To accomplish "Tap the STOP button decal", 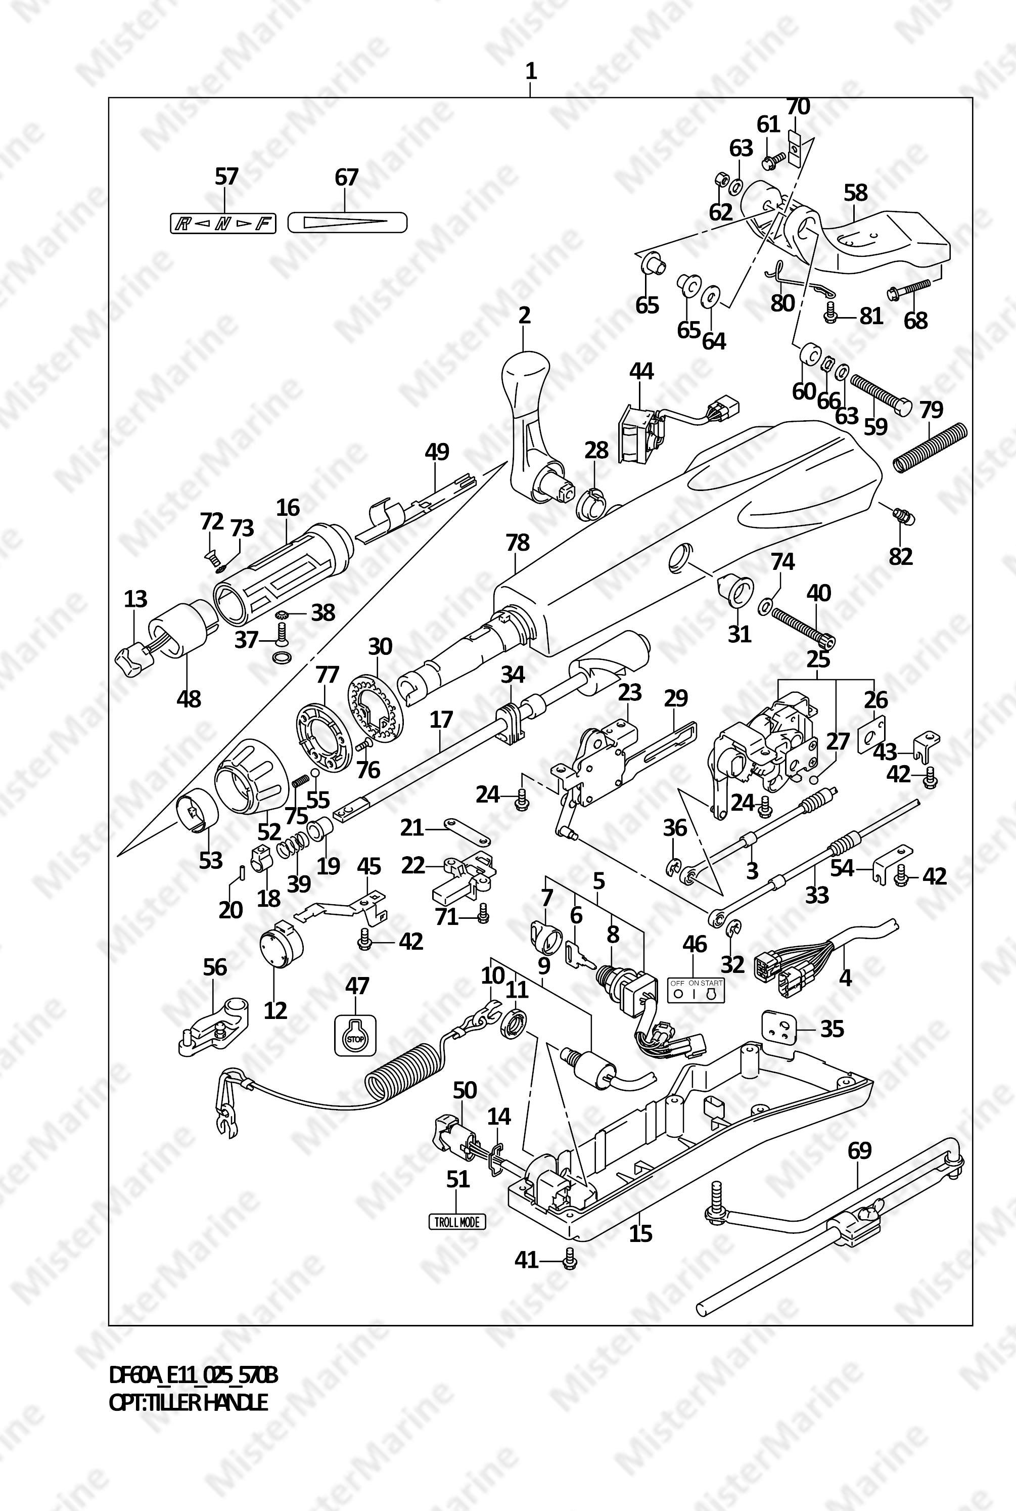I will click(354, 1037).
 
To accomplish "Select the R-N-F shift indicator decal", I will click(220, 225).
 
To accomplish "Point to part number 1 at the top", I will click(531, 71).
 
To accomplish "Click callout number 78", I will click(518, 543).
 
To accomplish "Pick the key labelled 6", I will click(579, 955).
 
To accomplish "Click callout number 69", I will click(859, 1150).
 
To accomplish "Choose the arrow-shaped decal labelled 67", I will click(347, 223).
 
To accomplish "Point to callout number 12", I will click(275, 1010).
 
